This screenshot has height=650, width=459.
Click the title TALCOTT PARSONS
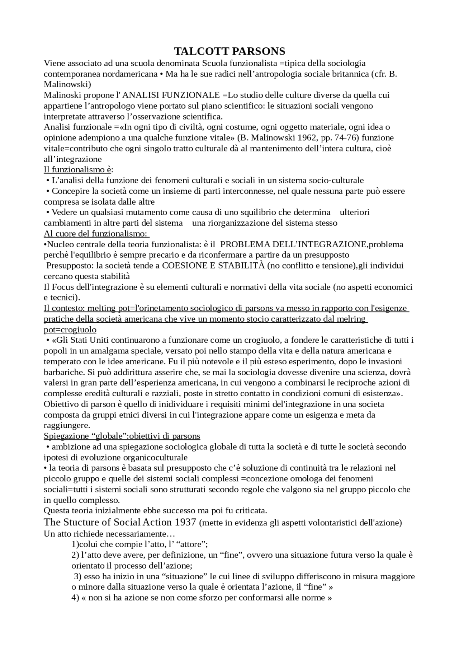point(229,51)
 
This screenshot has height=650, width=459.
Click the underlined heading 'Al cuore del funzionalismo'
point(95,234)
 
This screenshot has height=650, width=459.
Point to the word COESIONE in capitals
point(183,266)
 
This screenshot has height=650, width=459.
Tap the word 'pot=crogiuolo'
point(70,329)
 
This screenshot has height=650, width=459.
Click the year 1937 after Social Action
point(185,522)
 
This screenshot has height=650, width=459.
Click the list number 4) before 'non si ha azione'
point(75,598)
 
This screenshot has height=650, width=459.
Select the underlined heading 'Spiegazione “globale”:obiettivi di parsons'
point(122,436)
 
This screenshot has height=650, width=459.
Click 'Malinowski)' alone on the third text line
point(67,85)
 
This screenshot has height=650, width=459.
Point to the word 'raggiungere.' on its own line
point(67,425)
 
